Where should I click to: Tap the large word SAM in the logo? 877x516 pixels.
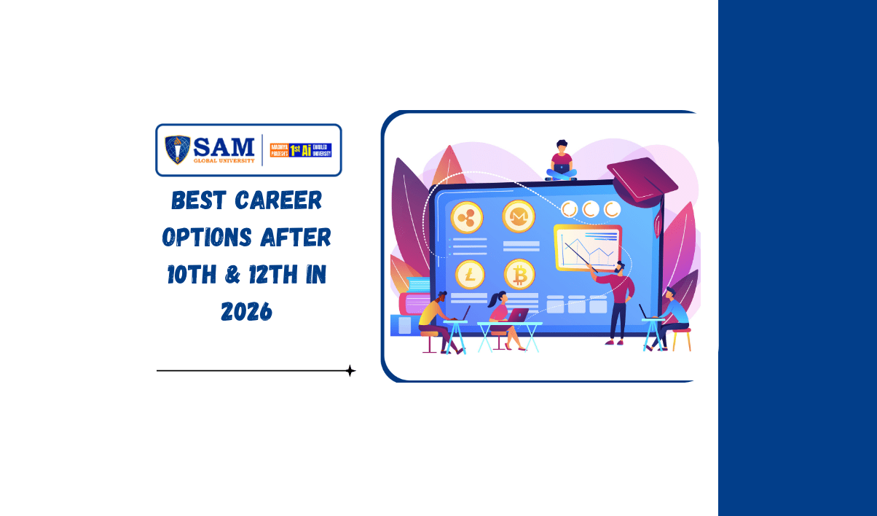(x=222, y=146)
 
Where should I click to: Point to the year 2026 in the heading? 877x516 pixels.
(x=246, y=312)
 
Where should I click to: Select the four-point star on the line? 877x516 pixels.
(x=350, y=371)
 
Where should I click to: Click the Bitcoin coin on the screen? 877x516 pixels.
(x=519, y=274)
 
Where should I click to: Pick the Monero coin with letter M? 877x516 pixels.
(x=519, y=216)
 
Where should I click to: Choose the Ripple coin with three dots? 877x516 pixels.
(x=467, y=216)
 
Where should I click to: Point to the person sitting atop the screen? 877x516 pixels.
(x=561, y=161)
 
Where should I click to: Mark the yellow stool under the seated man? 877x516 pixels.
(x=680, y=340)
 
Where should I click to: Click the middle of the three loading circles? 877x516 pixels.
(x=591, y=209)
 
